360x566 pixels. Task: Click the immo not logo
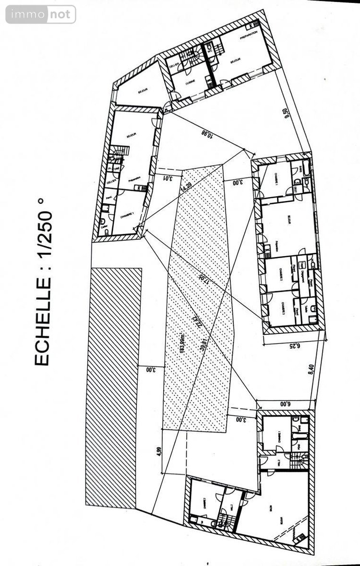(41, 14)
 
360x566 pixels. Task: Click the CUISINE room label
(191, 82)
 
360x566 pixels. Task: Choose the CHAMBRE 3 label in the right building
(284, 307)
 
